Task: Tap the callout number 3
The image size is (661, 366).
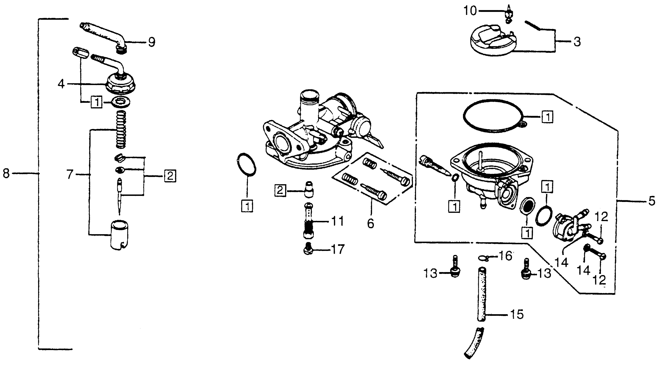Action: [577, 42]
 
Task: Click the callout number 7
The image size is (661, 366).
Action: [70, 175]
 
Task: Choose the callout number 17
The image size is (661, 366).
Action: [337, 249]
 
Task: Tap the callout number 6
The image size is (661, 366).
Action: [371, 223]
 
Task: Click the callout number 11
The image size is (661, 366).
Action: [337, 221]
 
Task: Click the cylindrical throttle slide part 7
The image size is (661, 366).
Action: [119, 235]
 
